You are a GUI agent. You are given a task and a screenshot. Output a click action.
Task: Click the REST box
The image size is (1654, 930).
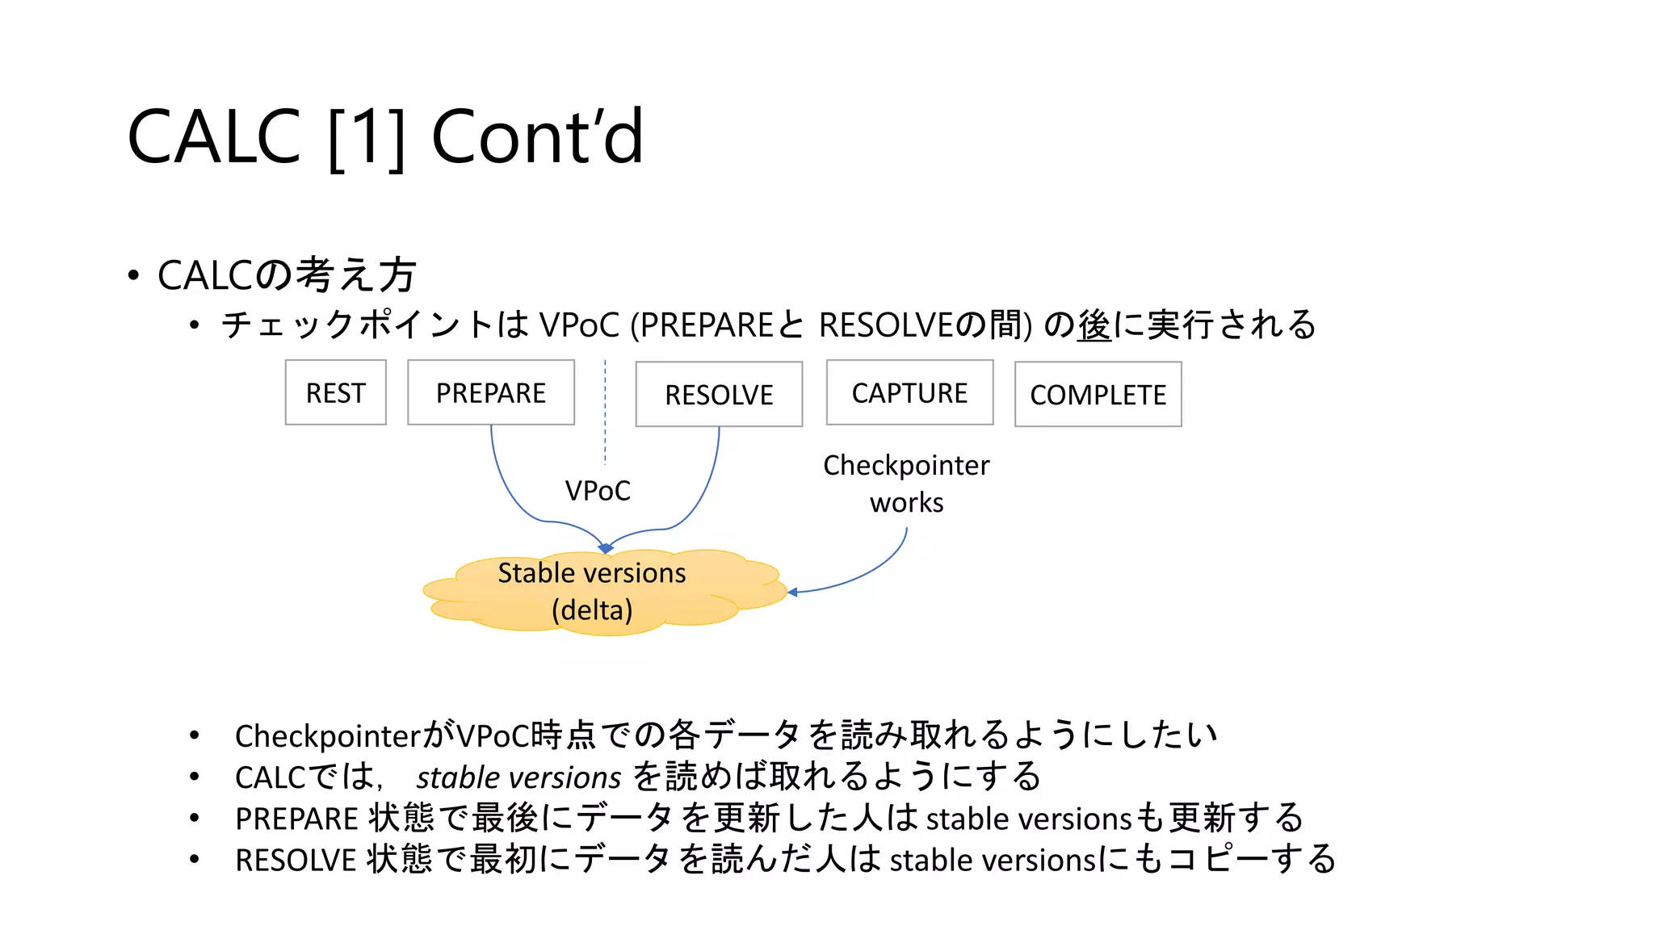[x=335, y=393]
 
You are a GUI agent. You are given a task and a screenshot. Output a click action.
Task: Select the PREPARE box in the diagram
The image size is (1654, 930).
[x=491, y=393]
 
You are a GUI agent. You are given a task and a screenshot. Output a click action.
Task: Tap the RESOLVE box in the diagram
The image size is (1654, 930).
[x=719, y=395]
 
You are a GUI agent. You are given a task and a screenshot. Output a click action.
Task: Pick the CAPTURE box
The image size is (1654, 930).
[x=909, y=393]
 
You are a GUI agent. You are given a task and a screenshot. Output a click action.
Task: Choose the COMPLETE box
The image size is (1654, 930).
[x=1098, y=395]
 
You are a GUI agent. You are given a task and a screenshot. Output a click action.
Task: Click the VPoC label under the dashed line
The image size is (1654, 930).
[x=597, y=491]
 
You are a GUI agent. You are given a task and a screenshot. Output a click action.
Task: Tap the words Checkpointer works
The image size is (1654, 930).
[x=906, y=484]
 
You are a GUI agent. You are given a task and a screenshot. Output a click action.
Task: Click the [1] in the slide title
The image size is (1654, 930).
[x=367, y=137]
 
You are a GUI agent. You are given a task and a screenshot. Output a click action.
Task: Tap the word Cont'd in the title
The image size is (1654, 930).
[x=537, y=137]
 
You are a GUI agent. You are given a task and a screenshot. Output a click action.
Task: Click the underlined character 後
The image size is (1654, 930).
[x=1094, y=325]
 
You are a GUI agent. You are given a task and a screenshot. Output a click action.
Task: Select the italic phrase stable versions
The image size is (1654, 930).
[x=518, y=777]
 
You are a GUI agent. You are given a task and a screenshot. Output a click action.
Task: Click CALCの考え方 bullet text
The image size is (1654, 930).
[x=287, y=275]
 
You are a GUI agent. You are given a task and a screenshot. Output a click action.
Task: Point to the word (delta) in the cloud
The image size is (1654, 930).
[x=592, y=610]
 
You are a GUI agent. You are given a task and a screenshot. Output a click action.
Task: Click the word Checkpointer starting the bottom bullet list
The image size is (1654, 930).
[x=328, y=736]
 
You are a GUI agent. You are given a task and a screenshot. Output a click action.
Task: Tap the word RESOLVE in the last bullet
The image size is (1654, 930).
[x=296, y=861]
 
